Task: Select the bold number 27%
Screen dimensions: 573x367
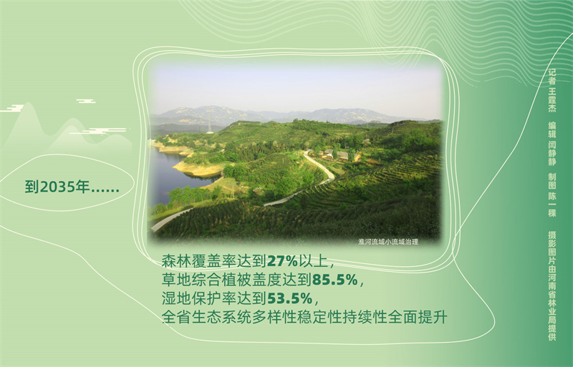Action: coord(282,261)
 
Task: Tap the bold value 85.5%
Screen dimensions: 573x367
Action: coord(334,280)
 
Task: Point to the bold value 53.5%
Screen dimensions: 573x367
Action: coord(290,299)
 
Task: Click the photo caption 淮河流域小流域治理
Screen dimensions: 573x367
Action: coord(388,242)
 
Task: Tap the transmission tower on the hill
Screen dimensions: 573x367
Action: coord(210,121)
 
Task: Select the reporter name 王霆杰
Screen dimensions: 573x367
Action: coord(552,99)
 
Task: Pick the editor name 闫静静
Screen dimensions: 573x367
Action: coord(552,152)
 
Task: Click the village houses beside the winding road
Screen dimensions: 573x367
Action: coord(340,155)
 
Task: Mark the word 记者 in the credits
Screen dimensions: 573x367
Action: coord(552,77)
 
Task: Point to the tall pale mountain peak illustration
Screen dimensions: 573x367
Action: coord(27,124)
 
